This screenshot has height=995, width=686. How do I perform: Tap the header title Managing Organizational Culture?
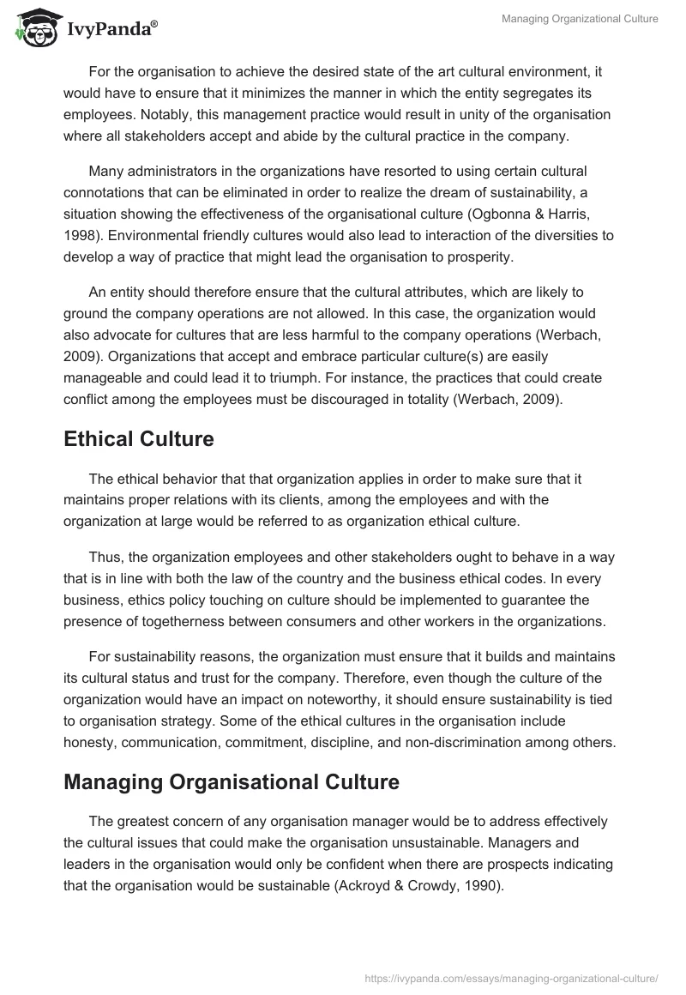[x=580, y=19]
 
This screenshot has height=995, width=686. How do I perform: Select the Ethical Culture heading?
[x=138, y=439]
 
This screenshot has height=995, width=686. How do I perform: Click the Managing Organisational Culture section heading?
[x=231, y=782]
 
